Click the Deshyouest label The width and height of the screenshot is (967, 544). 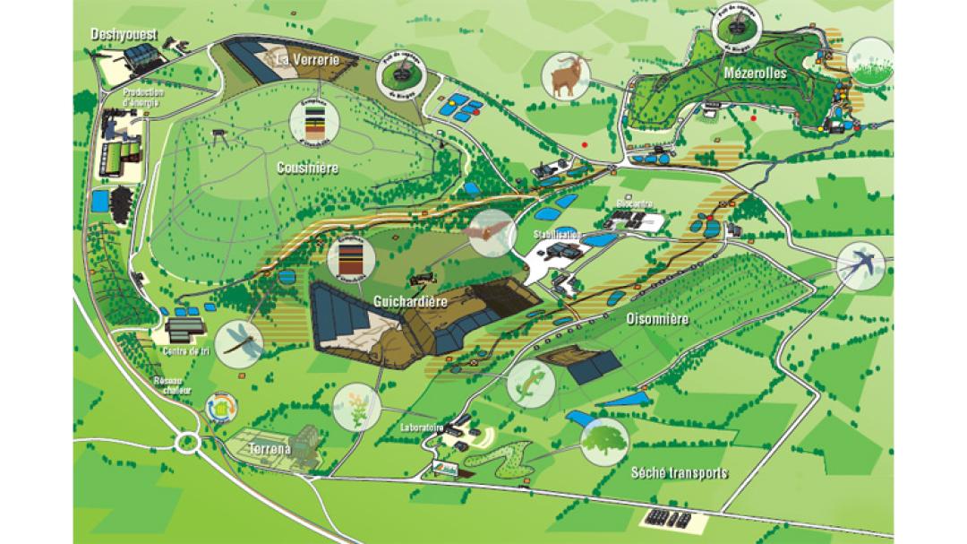[x=124, y=35]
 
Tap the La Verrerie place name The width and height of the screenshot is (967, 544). [x=307, y=60]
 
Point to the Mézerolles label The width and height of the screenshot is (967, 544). [x=757, y=73]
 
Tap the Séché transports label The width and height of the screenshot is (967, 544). [x=680, y=473]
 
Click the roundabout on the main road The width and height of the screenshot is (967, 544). [x=187, y=441]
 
